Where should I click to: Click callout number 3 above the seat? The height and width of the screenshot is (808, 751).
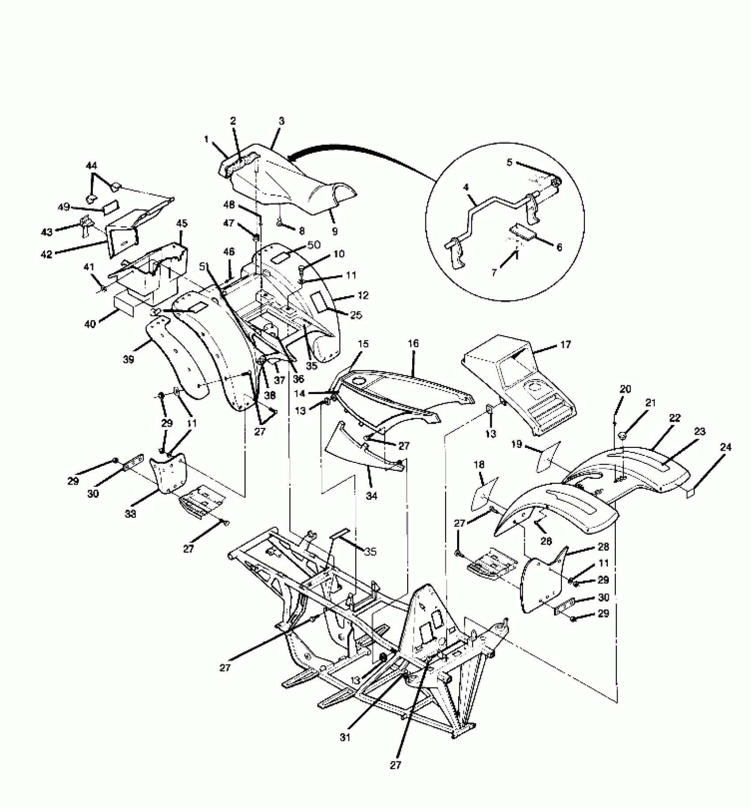[281, 121]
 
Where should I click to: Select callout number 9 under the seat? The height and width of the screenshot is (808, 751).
[334, 230]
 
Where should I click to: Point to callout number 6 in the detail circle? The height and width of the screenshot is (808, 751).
[559, 247]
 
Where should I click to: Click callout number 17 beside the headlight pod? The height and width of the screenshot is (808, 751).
[565, 345]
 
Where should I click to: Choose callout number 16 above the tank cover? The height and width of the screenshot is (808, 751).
[413, 343]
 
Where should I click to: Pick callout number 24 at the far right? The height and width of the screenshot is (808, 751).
[726, 447]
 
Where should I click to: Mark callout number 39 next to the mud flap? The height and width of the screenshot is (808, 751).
[129, 360]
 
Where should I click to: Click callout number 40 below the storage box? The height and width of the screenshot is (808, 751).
[90, 324]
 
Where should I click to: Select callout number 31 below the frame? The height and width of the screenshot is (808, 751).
[345, 737]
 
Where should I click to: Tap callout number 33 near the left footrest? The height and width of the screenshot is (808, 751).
[130, 514]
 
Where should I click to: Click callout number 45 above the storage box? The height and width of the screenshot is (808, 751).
[182, 224]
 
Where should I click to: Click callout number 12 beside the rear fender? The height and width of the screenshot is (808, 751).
[363, 295]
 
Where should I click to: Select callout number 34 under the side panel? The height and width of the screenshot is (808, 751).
[372, 496]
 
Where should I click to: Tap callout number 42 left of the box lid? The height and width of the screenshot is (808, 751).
[46, 254]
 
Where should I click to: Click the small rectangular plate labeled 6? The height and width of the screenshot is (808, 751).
[521, 231]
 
